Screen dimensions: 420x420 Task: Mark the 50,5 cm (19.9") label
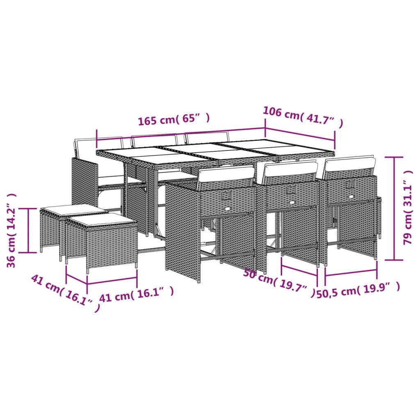coord(358,290)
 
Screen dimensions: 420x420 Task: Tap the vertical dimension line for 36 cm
coord(28,230)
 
